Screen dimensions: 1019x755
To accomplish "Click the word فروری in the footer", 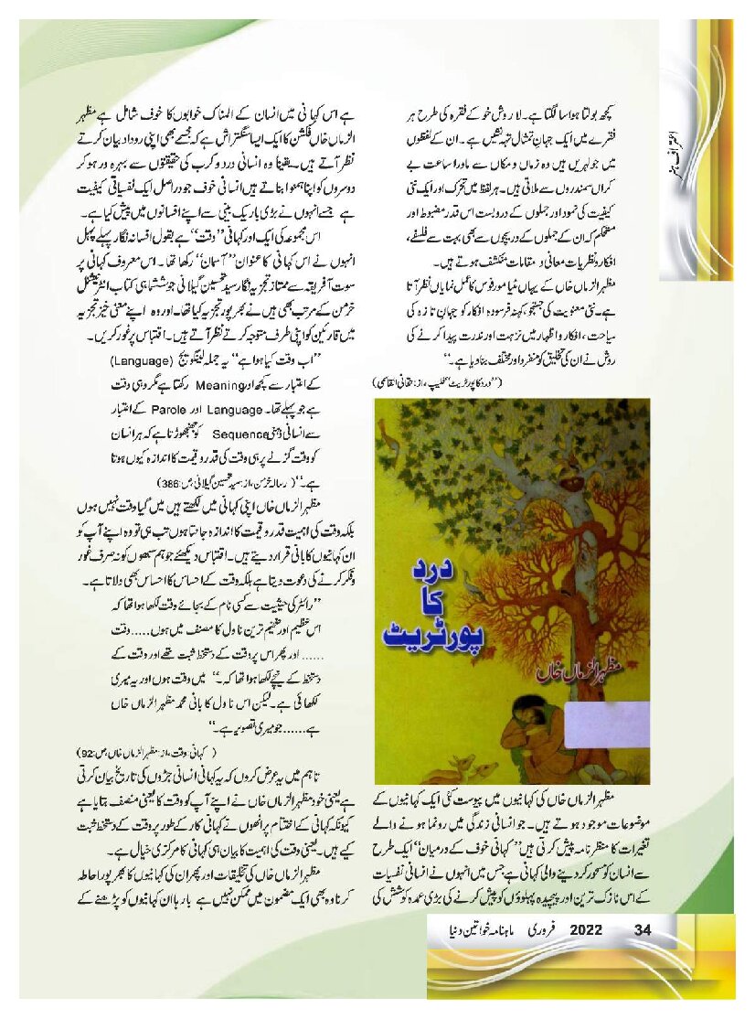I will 543,930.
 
